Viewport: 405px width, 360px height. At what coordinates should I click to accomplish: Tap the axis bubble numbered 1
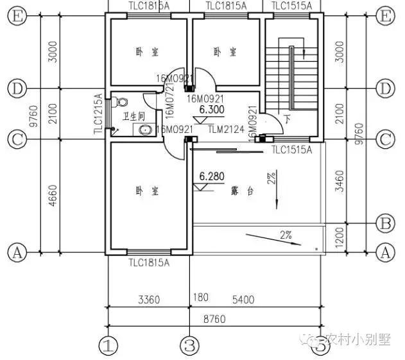click(109, 347)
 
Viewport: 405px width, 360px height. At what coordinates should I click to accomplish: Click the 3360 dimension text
click(149, 300)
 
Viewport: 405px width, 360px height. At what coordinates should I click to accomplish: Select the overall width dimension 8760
click(213, 318)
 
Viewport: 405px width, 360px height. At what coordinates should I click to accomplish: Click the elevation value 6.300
click(211, 110)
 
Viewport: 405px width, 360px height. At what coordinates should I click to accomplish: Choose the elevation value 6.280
click(211, 175)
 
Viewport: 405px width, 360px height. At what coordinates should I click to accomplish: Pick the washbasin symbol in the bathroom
click(146, 130)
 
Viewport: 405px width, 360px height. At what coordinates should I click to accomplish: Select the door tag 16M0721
click(169, 104)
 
